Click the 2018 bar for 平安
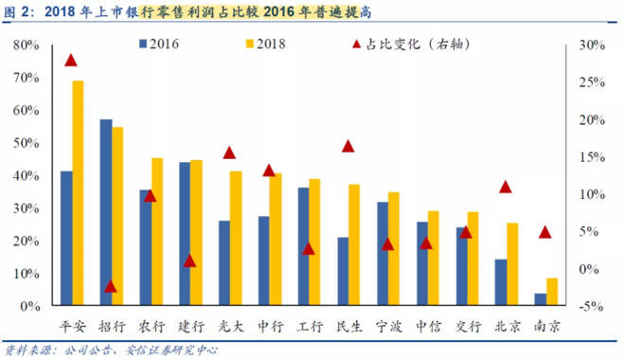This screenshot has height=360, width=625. click(78, 193)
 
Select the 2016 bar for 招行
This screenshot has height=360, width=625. click(106, 213)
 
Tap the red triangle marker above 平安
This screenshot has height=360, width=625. click(71, 60)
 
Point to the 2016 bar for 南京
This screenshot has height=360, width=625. click(540, 299)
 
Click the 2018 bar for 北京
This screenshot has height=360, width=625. click(512, 264)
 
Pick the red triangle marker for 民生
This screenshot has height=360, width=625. click(348, 146)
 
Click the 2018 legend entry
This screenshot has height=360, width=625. click(267, 44)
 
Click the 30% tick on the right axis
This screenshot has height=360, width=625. click(588, 45)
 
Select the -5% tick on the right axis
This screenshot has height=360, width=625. click(588, 306)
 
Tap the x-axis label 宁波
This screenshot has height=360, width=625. click(388, 327)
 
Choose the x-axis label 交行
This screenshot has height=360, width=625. click(467, 327)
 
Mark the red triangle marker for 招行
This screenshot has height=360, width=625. click(111, 285)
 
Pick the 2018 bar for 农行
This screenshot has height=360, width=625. click(157, 232)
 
